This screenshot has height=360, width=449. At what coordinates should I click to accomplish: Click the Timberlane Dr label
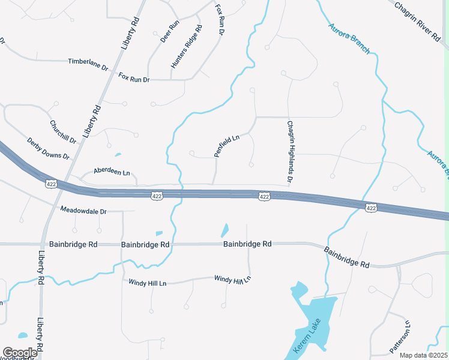click(x=88, y=62)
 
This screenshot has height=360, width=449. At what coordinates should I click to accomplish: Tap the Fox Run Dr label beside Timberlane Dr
click(x=134, y=77)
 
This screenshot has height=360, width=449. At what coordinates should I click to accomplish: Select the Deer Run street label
click(x=170, y=31)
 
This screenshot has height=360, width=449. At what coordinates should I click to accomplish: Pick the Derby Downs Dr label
click(x=49, y=148)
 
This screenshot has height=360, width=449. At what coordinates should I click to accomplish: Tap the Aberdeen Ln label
click(x=112, y=173)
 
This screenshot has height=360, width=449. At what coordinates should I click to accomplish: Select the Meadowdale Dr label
click(x=83, y=211)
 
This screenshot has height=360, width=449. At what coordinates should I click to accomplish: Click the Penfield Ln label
click(x=227, y=146)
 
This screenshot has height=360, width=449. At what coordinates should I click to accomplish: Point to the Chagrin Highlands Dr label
click(x=289, y=152)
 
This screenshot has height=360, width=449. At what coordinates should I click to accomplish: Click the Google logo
click(x=20, y=353)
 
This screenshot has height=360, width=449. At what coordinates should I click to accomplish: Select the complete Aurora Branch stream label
click(x=349, y=38)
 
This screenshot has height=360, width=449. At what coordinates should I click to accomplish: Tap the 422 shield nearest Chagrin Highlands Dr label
click(x=264, y=197)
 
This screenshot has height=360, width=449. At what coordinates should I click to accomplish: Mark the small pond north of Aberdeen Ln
click(x=118, y=154)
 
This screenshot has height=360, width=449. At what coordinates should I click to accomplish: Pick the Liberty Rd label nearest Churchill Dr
click(x=91, y=121)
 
